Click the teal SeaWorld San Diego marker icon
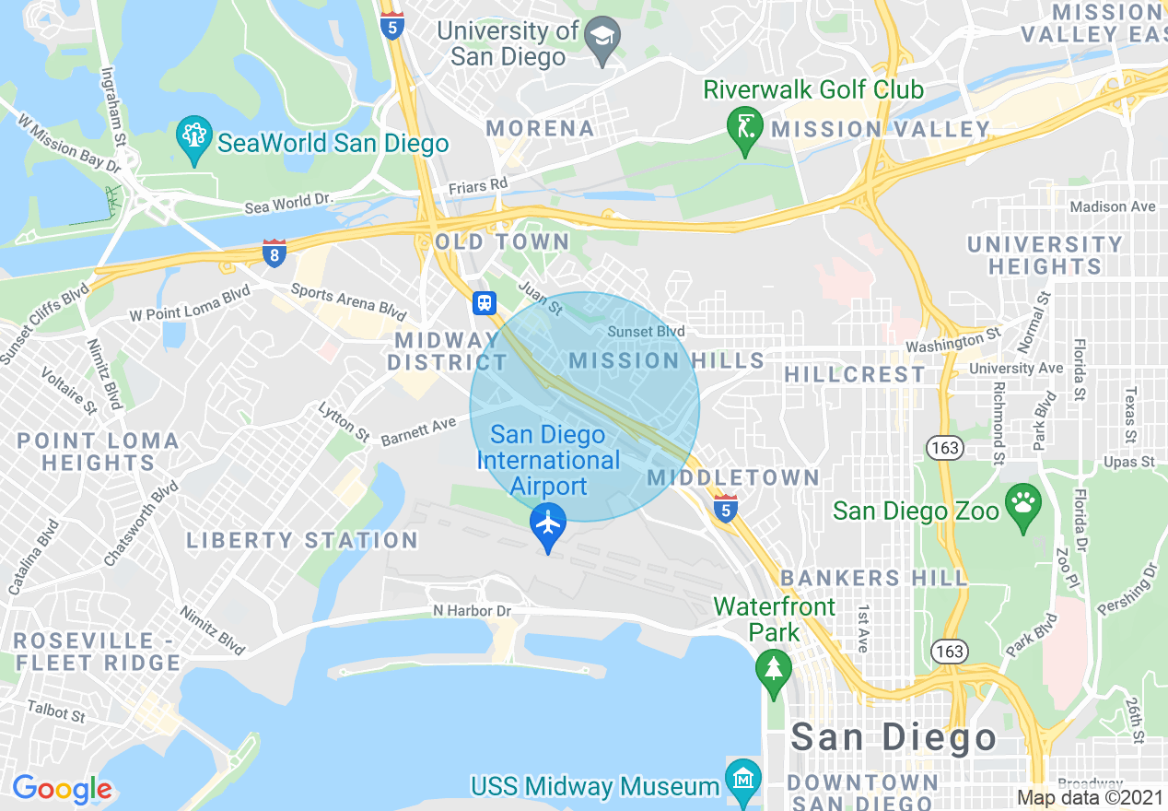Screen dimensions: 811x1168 point(193,139)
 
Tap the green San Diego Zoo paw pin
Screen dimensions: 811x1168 point(1022,506)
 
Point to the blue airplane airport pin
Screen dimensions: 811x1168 point(548,526)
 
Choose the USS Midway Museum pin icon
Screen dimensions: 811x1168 point(742,780)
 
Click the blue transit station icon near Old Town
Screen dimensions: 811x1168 point(485,302)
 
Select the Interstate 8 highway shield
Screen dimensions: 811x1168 point(274,253)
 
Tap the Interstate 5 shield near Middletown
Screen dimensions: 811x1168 point(726,509)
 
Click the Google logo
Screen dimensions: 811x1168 point(62,789)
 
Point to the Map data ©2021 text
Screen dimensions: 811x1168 point(1090,798)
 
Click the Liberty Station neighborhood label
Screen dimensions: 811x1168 point(302,540)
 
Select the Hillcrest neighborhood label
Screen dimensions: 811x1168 point(855,374)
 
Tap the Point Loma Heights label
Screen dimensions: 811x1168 point(99,452)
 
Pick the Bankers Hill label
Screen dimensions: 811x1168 point(874,578)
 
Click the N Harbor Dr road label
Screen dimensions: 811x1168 point(472,611)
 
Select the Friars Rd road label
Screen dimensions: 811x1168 point(478,186)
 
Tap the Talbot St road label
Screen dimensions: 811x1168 point(55,711)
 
